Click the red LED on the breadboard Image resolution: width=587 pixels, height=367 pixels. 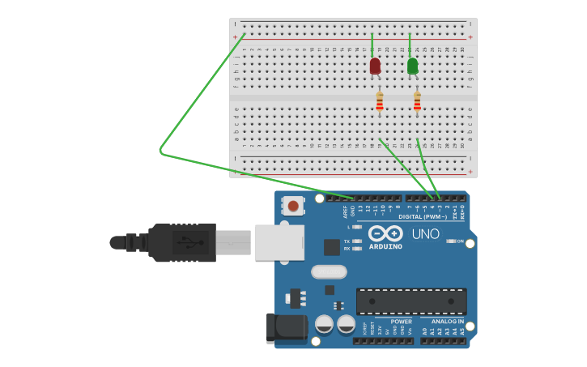[375, 66]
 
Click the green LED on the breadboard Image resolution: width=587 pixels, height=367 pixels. [413, 66]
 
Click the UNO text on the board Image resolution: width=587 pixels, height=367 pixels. [426, 234]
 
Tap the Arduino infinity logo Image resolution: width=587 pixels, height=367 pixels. [385, 233]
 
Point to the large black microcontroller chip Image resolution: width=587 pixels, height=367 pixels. [411, 301]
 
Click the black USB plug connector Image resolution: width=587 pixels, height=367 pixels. [182, 242]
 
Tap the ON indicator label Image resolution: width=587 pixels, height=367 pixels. [461, 241]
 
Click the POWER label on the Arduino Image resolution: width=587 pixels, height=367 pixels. [401, 322]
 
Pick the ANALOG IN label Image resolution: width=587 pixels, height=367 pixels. [447, 322]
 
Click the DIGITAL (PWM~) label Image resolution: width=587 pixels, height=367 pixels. [423, 217]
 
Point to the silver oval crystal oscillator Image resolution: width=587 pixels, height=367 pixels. [329, 272]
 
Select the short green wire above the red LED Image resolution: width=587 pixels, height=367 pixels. [372, 45]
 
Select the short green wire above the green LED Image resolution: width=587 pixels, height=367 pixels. [410, 45]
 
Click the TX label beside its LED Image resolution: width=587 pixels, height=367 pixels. [347, 241]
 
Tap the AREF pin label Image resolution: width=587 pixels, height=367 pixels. [346, 211]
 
